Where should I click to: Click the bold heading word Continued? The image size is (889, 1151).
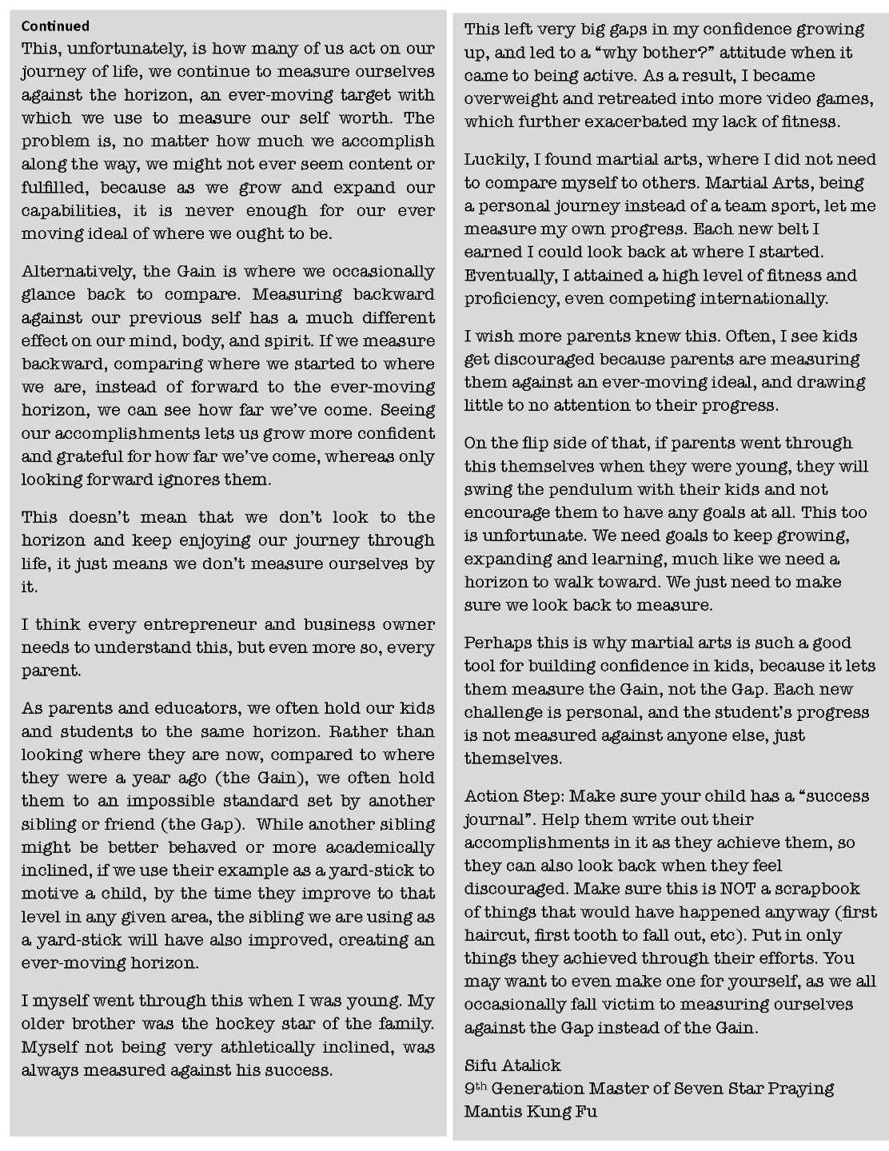point(55,26)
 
